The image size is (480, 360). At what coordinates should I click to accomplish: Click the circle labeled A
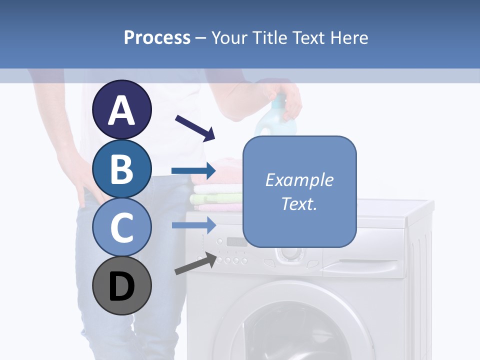121,109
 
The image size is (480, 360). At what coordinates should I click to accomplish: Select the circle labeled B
121,168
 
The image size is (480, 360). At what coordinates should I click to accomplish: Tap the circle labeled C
121,227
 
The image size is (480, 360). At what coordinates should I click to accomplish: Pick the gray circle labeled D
121,286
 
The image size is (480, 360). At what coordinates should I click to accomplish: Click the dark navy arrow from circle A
195,127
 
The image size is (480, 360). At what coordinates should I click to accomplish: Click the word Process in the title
157,38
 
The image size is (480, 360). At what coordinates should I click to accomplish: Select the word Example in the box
299,180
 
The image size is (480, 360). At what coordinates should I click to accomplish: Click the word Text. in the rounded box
299,203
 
